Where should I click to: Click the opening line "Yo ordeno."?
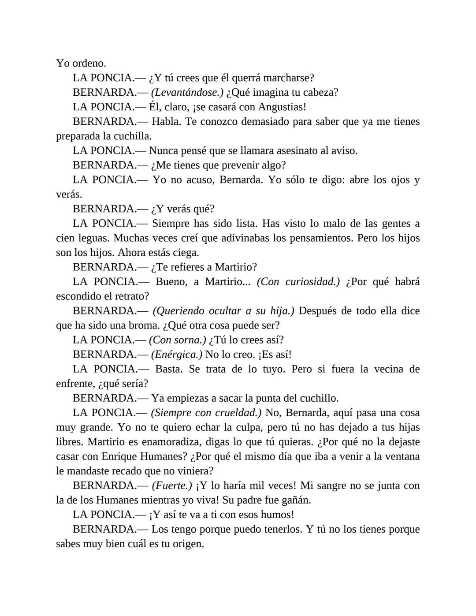81,63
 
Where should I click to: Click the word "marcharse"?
287,78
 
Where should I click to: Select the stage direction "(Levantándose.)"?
187,93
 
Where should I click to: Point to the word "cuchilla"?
132,136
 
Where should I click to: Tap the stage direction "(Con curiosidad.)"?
298,282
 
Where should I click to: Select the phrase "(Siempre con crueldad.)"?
206,413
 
